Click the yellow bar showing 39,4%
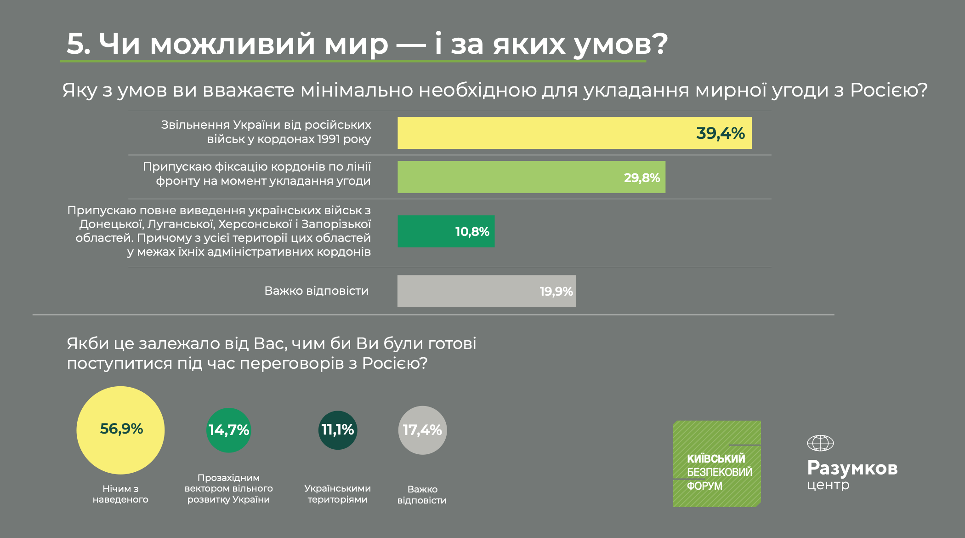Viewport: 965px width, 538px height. coord(574,133)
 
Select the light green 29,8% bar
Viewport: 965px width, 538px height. coord(531,177)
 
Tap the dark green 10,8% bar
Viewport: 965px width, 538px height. coord(446,231)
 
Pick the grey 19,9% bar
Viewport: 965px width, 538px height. coord(486,291)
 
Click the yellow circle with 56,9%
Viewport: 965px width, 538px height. coord(120,430)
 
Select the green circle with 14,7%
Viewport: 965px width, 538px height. coord(228,430)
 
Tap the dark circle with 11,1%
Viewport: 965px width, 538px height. coord(338,430)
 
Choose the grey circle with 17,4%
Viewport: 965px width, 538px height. coord(422,430)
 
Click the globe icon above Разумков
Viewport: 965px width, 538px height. coord(820,443)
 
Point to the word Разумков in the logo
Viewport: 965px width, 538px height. coord(852,468)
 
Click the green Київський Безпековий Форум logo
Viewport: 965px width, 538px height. coord(717,464)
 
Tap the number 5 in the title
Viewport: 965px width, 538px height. coord(76,44)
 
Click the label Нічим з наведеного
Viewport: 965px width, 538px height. coord(120,494)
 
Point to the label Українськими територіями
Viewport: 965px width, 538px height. coord(337,494)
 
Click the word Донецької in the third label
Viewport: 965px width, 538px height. coord(110,224)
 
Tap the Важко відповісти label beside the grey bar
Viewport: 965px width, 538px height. coord(316,291)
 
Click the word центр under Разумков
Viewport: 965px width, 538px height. coord(828,485)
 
